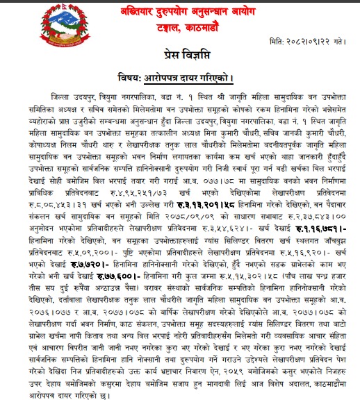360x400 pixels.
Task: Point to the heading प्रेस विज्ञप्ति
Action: tap(181, 57)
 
